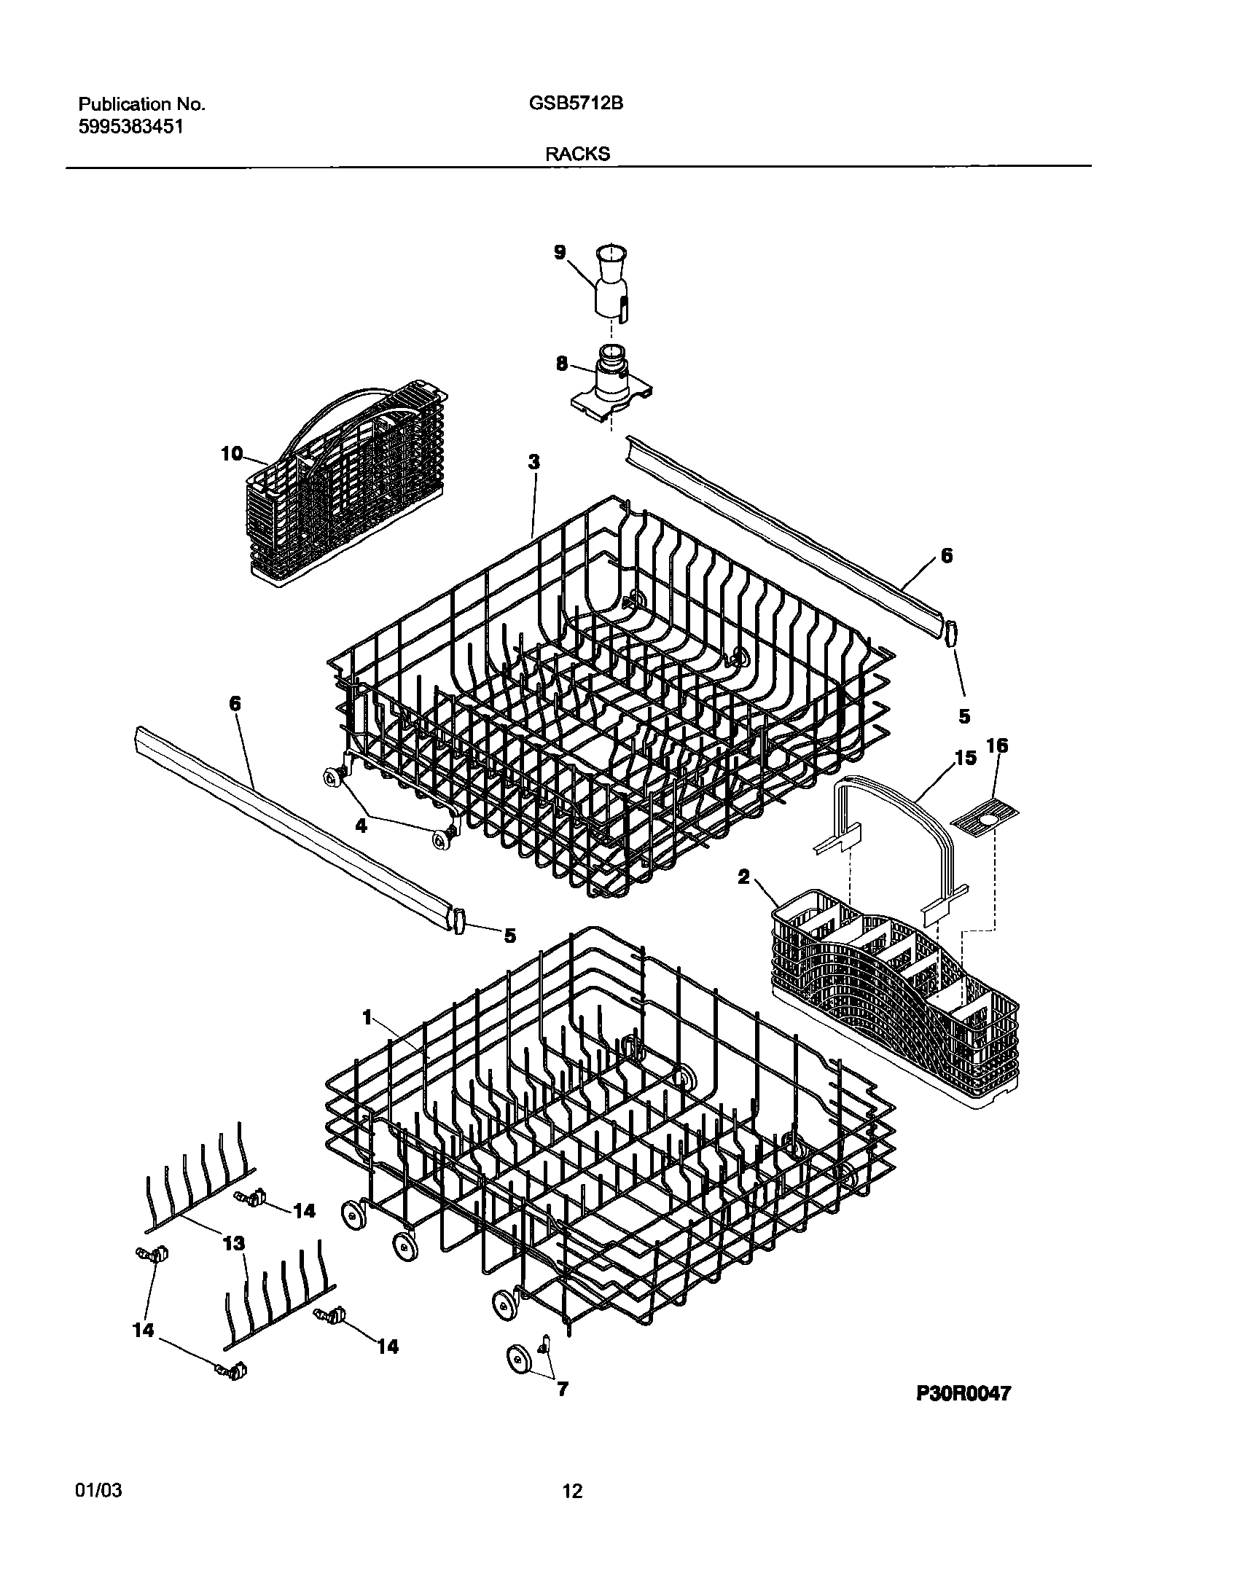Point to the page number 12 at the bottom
coord(573,1492)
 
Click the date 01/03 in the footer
coord(98,1491)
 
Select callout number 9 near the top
coord(560,252)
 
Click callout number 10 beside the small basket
coord(232,453)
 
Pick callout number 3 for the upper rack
coord(534,461)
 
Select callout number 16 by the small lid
coord(997,745)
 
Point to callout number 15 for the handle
coord(965,758)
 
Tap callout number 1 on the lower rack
coord(367,1016)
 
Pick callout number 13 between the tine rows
coord(234,1243)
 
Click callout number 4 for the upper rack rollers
coord(361,826)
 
